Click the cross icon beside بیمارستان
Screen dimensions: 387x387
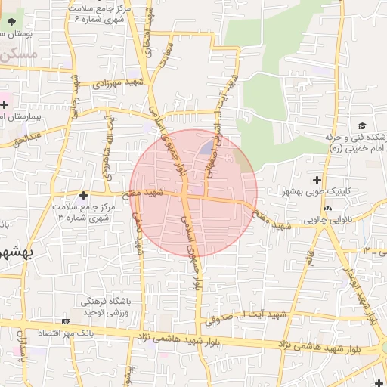[x=3, y=104]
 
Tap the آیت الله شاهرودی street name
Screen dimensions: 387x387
[x=113, y=140]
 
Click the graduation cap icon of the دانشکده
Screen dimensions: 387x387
[x=362, y=125]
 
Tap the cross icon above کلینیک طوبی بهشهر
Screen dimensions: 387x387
[x=317, y=180]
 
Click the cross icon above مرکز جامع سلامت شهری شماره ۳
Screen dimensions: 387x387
[x=83, y=195]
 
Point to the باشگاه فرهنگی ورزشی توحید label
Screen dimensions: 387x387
[x=103, y=307]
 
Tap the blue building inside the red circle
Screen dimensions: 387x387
[x=206, y=145]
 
